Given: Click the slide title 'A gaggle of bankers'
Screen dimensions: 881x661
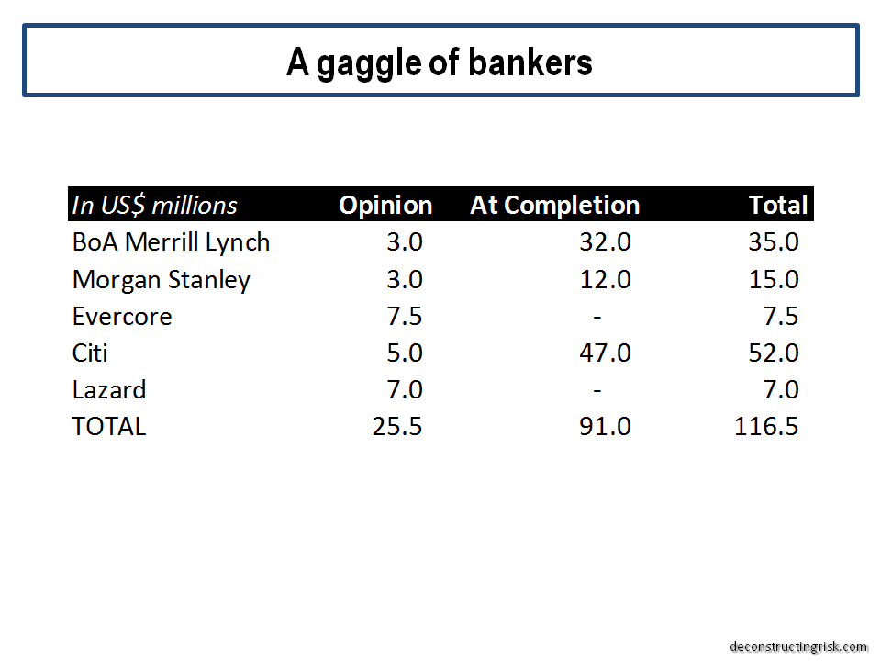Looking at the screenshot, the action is tap(440, 63).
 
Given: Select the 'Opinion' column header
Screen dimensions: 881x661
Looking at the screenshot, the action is tap(385, 206).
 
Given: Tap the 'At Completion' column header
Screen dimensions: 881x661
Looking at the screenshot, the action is tap(554, 205).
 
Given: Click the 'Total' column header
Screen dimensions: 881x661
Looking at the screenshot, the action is tap(778, 205).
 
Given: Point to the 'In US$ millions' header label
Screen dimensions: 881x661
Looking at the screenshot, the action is tap(154, 205).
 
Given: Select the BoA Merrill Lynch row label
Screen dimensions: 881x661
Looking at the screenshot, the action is tap(171, 242).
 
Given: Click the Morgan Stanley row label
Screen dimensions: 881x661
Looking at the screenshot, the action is tap(162, 280).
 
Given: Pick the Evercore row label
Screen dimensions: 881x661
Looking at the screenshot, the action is tap(122, 317).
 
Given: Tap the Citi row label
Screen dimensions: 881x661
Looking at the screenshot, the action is tap(89, 353).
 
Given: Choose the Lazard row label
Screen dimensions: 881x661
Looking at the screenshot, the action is tap(109, 389).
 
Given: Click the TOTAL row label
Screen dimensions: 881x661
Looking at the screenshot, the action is tap(109, 426).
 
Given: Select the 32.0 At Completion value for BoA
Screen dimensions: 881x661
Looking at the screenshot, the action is tap(605, 242).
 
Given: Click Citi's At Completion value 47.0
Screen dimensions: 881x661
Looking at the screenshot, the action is tap(605, 353).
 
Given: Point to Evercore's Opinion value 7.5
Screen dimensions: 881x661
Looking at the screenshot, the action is tap(404, 317).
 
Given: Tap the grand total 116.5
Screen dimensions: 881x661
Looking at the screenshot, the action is tap(765, 426).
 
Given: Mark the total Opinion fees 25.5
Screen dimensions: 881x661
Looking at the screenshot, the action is tap(396, 426).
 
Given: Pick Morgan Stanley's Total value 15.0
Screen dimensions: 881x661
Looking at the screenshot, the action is tap(773, 279).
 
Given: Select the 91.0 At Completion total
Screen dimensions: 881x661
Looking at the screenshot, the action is tap(605, 426).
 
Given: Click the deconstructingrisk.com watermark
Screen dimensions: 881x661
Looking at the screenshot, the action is tap(798, 647).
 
